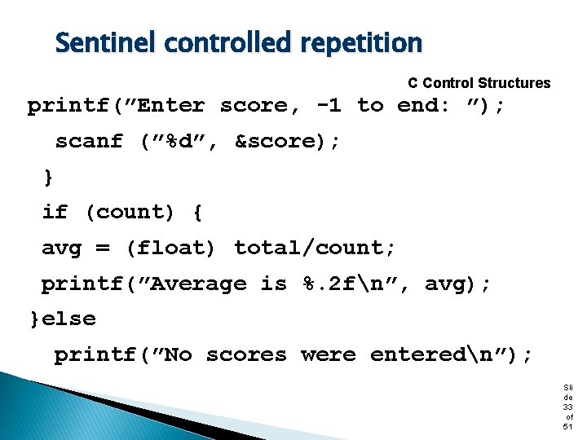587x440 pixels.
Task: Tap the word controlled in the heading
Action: [x=225, y=42]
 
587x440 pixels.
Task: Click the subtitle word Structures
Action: [x=514, y=83]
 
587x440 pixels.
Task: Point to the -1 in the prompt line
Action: [x=328, y=105]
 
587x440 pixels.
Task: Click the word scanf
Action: [x=89, y=141]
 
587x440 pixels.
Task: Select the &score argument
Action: [x=278, y=141]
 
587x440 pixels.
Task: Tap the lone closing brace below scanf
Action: [x=48, y=176]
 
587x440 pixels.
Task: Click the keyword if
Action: [x=55, y=212]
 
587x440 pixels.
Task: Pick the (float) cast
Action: [x=170, y=248]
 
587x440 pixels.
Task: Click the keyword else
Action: [x=68, y=319]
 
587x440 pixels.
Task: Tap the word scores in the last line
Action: [x=246, y=354]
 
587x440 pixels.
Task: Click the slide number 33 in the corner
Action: [x=568, y=406]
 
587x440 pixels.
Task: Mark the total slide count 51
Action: [x=568, y=426]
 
